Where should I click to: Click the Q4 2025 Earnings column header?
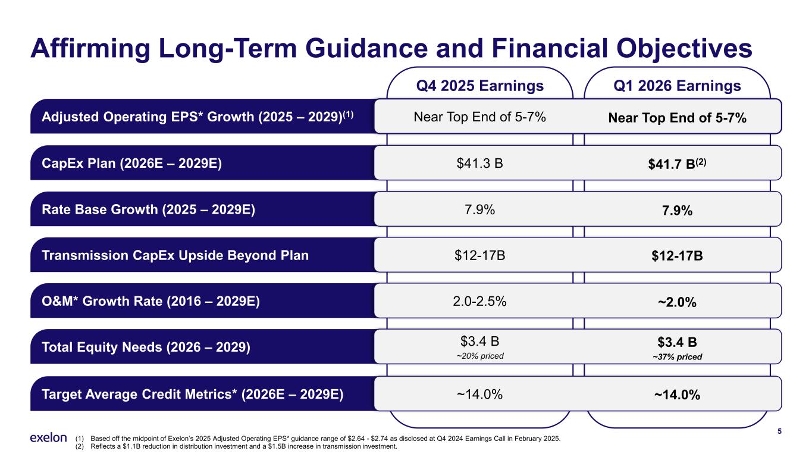click(479, 86)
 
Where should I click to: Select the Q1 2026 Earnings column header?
click(677, 86)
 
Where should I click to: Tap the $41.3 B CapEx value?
click(479, 163)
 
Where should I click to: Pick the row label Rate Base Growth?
click(148, 209)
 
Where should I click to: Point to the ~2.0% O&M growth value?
click(677, 302)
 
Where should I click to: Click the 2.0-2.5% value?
click(479, 302)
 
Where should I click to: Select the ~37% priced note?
click(677, 357)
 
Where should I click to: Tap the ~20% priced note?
click(480, 356)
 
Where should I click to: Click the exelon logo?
click(48, 437)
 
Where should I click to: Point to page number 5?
click(779, 431)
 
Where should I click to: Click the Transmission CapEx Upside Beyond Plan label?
click(175, 255)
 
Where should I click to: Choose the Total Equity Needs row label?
click(146, 347)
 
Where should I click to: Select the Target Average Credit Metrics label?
click(193, 395)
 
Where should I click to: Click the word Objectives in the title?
click(684, 49)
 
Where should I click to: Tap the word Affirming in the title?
click(90, 49)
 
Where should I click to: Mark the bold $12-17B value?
click(677, 256)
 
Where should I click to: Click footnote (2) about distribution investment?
click(236, 446)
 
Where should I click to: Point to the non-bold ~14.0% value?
click(479, 395)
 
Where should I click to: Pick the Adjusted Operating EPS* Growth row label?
click(197, 117)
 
